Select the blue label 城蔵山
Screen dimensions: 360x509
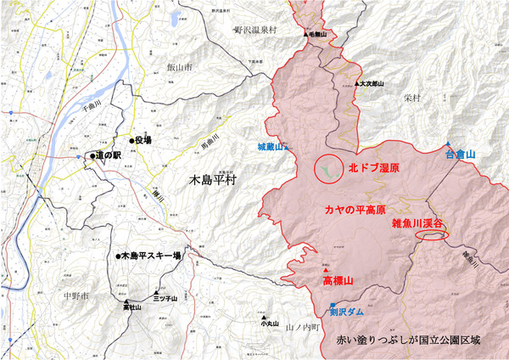(x=271, y=146)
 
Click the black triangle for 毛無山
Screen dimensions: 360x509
(x=305, y=35)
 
